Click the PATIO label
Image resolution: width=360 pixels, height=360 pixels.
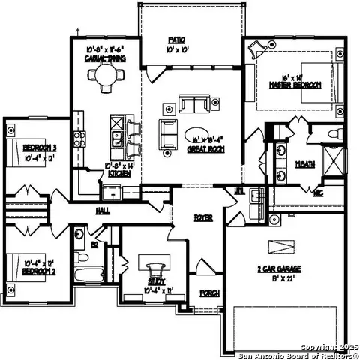(x=177, y=40)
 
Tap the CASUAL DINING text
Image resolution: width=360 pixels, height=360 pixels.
(x=105, y=58)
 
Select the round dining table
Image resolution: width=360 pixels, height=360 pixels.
(x=103, y=75)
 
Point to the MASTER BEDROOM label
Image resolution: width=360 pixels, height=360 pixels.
(x=295, y=85)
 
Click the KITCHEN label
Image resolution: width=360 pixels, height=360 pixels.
(x=119, y=174)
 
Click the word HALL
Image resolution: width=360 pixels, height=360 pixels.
(x=103, y=211)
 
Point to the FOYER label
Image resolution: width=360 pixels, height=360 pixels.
(x=203, y=218)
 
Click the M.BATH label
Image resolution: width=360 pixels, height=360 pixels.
(x=304, y=163)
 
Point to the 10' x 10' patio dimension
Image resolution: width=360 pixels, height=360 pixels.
(x=177, y=48)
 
